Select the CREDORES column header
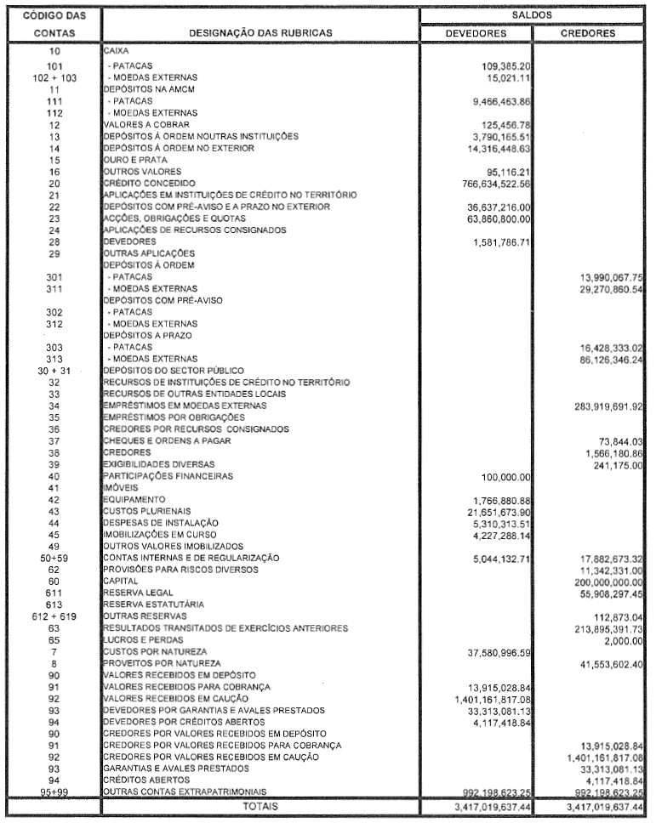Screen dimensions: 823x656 click(589, 33)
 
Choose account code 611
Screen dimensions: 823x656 click(54, 592)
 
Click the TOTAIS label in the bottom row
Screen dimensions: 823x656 click(260, 804)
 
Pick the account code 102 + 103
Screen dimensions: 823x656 click(54, 76)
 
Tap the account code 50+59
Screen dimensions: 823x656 click(54, 557)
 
